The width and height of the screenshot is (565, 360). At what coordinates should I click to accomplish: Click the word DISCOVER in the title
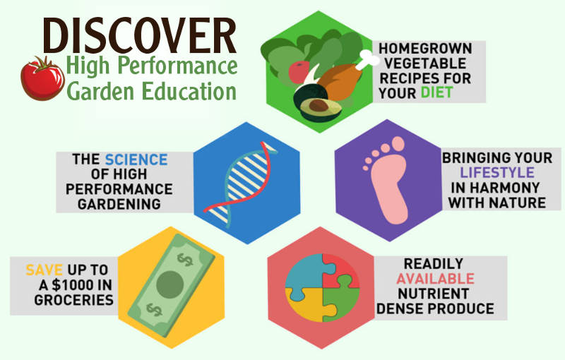click(140, 35)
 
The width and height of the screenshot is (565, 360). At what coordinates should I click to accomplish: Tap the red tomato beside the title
click(42, 79)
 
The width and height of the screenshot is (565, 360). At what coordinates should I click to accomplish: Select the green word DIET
click(436, 93)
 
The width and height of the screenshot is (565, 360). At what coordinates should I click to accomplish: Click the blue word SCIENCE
click(136, 160)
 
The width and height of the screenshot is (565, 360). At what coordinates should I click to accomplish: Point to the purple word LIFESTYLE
click(497, 172)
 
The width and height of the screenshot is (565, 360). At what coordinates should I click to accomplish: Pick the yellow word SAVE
click(44, 270)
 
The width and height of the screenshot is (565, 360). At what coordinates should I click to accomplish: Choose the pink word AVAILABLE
click(435, 279)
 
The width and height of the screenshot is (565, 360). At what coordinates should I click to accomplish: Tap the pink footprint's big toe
click(398, 144)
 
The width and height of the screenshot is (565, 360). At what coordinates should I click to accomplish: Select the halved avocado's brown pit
click(318, 106)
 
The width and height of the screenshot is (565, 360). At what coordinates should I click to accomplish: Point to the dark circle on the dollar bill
click(170, 284)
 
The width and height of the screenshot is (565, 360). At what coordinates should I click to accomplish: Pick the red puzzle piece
click(340, 270)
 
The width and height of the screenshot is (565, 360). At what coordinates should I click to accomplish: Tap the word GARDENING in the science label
click(119, 204)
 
